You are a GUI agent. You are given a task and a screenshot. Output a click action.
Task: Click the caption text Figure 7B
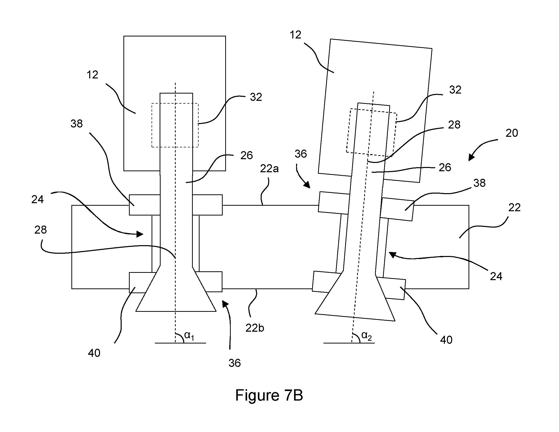[269, 395]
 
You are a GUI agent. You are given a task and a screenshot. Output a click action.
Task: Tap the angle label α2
[366, 335]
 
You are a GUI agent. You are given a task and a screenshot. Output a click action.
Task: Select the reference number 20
[512, 133]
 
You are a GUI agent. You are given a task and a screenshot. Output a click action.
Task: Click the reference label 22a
[269, 169]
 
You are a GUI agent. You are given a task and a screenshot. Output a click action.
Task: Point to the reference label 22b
[255, 328]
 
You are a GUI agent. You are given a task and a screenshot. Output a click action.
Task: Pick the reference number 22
[515, 207]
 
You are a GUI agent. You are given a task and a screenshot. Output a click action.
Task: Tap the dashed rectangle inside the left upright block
[175, 125]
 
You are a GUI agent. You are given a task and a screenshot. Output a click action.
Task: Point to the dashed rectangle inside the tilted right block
[372, 133]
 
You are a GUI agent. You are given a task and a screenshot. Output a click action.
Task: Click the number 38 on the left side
[76, 124]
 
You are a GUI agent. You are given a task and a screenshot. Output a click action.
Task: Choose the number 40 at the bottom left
[94, 353]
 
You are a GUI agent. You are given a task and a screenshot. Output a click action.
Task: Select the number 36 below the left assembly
[235, 363]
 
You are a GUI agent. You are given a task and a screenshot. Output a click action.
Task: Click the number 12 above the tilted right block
[295, 35]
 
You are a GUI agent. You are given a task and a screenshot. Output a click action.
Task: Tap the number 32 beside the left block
[256, 97]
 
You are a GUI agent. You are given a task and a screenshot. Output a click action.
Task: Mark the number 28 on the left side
[40, 230]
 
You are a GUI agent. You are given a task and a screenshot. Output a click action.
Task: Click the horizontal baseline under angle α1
[180, 343]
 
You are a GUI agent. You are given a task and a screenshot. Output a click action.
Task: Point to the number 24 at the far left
[38, 199]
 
